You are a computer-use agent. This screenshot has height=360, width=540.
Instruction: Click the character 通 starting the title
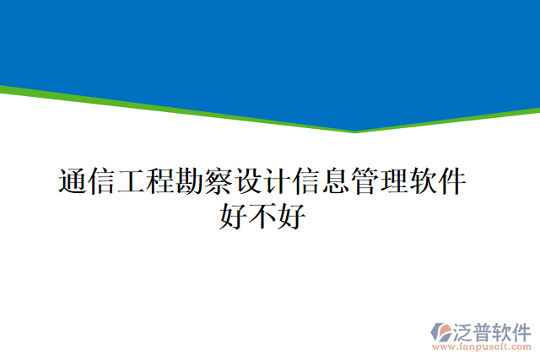point(73,182)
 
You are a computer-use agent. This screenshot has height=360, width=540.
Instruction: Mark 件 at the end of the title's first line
point(453,182)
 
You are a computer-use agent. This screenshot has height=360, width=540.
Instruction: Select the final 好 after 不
point(292,218)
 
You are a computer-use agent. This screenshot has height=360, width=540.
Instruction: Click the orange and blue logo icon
point(441,331)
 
